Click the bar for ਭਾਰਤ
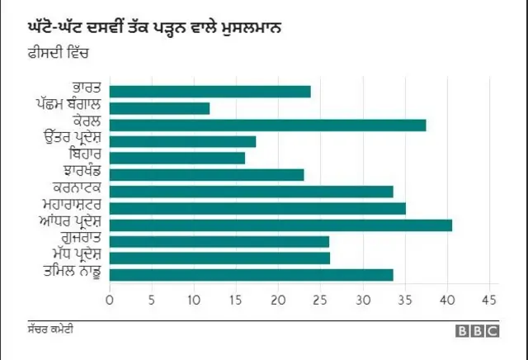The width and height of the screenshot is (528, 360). [210, 92]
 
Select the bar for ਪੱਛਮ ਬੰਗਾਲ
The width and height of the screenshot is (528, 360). [159, 108]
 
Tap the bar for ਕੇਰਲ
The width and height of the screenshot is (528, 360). [267, 125]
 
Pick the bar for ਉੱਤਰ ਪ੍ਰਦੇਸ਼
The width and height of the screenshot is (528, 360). [182, 141]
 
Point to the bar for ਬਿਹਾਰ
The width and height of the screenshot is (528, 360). [177, 158]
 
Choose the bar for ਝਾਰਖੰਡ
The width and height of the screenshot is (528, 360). [206, 174]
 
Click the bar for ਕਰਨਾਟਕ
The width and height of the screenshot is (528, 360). [251, 192]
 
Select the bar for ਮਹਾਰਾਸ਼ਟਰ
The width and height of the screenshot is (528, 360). [257, 208]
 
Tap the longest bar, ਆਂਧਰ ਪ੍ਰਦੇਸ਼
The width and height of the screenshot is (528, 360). [280, 225]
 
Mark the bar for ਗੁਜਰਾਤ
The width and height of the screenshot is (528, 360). [219, 241]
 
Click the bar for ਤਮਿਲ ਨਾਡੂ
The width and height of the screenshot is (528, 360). [251, 274]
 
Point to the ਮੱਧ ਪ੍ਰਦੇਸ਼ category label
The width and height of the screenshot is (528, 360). [74, 257]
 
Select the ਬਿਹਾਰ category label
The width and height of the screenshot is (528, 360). [85, 157]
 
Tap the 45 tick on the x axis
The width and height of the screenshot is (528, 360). [490, 300]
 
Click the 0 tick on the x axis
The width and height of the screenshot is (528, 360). [110, 300]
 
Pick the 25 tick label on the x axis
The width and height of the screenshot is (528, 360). [321, 300]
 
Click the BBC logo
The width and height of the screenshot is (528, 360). [478, 331]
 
